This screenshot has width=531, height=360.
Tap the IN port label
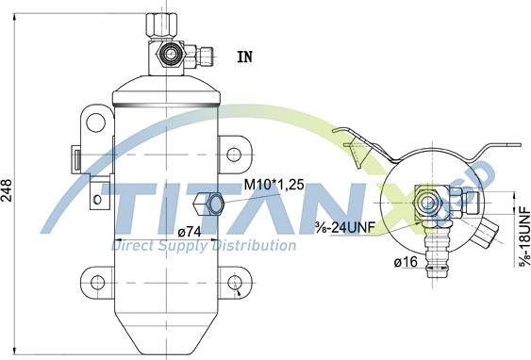coord(245,57)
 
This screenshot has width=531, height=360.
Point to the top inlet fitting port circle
coord(172,55)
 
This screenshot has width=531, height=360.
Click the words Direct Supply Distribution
coord(204,246)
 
